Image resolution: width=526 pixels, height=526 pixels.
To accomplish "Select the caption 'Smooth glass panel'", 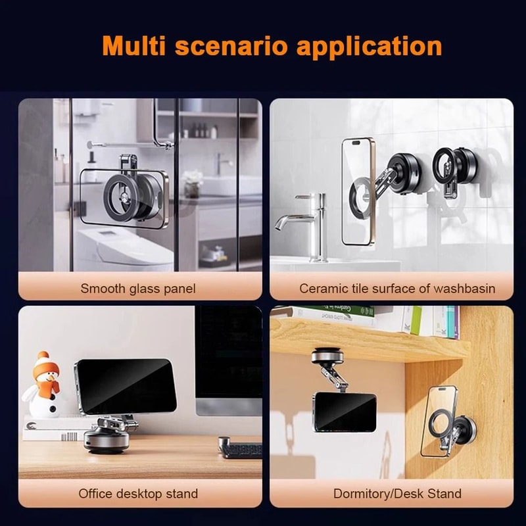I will (x=138, y=288).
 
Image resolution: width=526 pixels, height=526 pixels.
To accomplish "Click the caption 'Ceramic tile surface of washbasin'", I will (x=397, y=288).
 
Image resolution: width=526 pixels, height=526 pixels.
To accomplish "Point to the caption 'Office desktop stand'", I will (x=138, y=493).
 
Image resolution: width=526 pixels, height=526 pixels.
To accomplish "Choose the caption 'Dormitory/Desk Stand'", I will (x=397, y=493).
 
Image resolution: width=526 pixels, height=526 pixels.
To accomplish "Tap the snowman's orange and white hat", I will (x=43, y=362).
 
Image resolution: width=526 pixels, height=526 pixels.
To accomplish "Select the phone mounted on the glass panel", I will (x=124, y=197).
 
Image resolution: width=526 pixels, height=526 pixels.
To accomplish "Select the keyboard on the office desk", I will (x=241, y=450).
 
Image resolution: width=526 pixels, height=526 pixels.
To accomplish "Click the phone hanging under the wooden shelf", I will (x=345, y=412).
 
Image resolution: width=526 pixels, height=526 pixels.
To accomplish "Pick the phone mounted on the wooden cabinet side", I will (x=437, y=421).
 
